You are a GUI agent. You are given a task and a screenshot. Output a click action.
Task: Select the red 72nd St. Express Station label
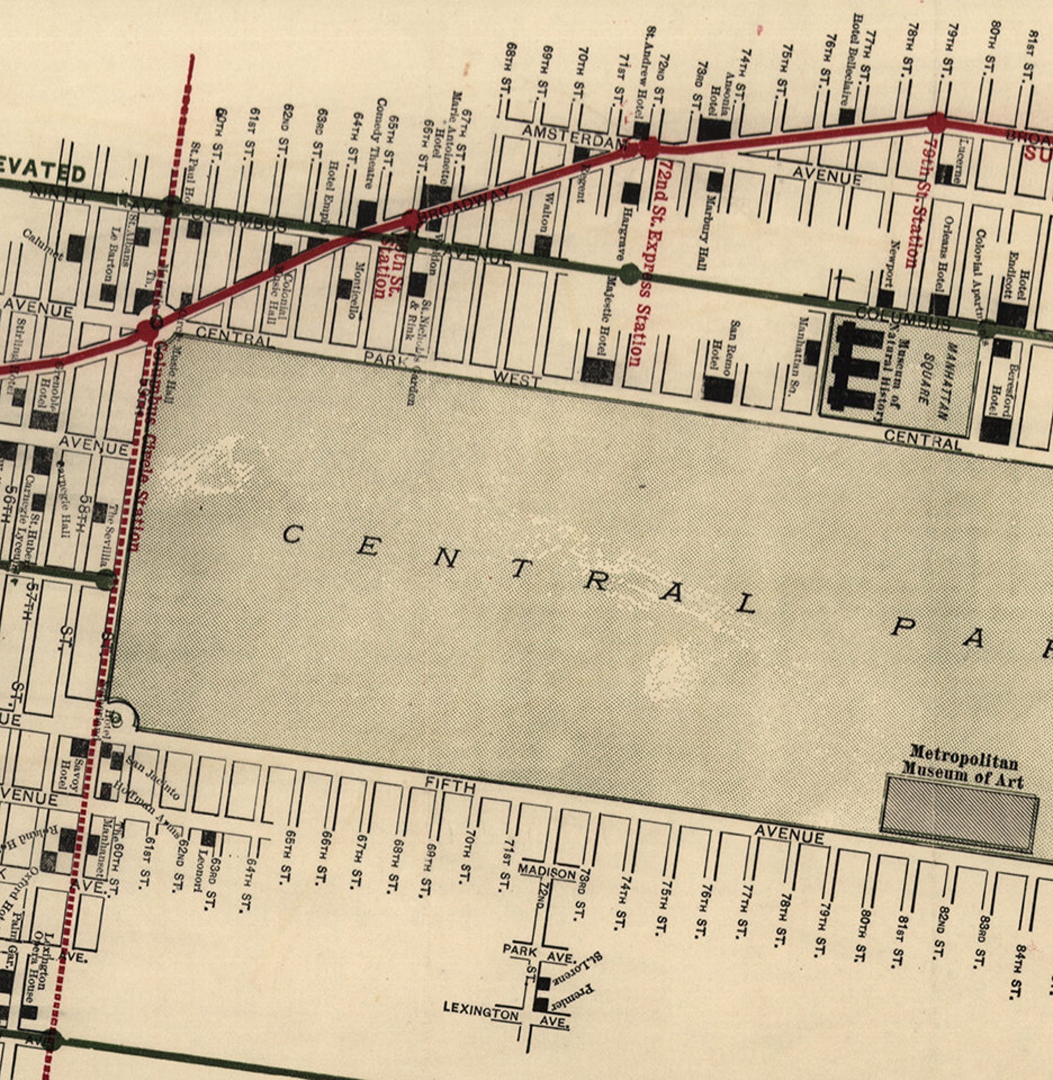coord(638,262)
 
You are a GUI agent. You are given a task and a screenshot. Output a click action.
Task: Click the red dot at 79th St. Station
coord(936,123)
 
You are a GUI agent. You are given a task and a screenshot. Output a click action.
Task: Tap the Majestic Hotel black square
coord(597,371)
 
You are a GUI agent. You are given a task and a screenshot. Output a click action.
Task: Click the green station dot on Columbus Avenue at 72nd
coord(630,273)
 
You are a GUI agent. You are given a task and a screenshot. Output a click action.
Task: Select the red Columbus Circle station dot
coord(147,330)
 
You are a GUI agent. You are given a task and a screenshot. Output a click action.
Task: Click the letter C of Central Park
coord(292,534)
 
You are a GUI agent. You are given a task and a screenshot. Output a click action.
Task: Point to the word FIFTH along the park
coord(450,787)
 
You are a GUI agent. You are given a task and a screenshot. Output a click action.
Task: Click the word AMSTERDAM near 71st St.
coord(574,136)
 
